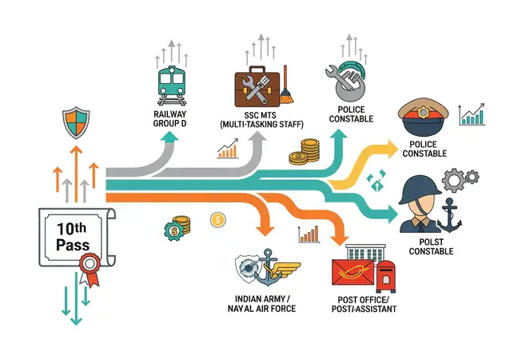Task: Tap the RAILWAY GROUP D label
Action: tap(169, 118)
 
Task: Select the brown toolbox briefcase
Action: tap(257, 86)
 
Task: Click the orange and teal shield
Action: tap(76, 122)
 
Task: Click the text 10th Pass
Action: tap(73, 237)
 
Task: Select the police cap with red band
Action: tap(423, 118)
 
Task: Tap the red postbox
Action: tap(386, 276)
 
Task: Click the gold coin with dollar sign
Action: tap(218, 219)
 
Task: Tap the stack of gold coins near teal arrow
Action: tap(305, 152)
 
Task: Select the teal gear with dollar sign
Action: tap(173, 231)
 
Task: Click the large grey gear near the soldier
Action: tap(453, 180)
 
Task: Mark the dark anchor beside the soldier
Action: tap(449, 215)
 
